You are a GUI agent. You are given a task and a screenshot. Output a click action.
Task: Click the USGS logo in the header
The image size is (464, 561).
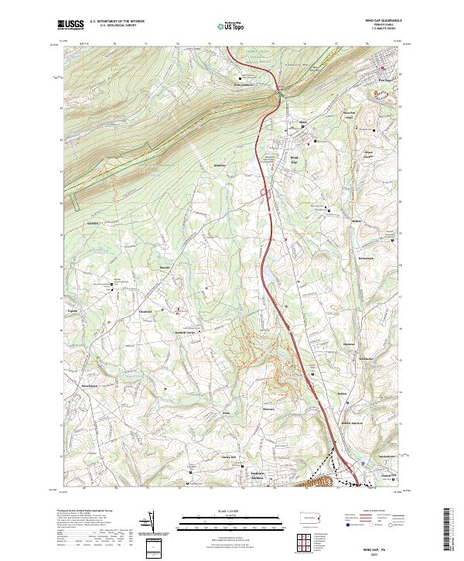pos(70,25)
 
